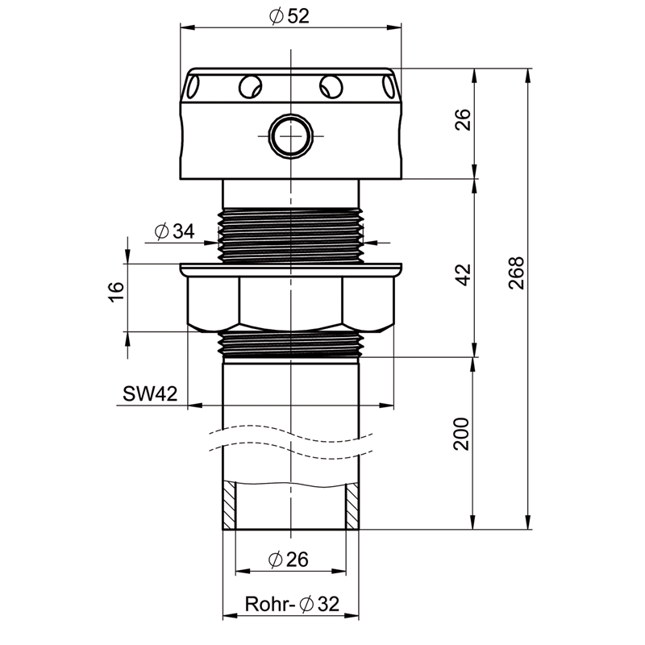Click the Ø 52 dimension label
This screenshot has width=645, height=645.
289,16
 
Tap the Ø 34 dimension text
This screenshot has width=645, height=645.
174,231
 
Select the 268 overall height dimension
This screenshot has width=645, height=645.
517,273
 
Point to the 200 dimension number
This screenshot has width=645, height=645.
461,434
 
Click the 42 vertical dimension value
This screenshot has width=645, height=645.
464,275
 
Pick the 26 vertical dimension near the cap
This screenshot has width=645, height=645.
463,119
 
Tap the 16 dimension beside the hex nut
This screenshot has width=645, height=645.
116,292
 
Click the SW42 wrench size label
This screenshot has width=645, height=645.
150,394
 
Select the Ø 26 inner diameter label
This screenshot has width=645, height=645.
288,560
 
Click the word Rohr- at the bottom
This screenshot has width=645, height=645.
270,604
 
